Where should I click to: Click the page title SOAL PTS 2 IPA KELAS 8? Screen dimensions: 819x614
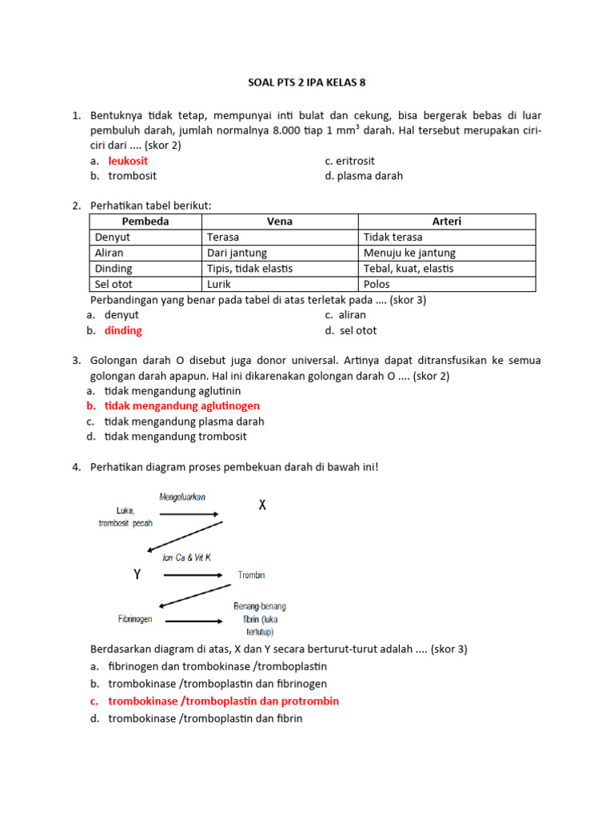tap(306, 82)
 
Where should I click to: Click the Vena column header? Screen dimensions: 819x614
tap(279, 222)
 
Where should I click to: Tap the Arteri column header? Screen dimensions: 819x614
tap(446, 222)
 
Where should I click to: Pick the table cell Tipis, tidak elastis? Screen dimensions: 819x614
tap(249, 269)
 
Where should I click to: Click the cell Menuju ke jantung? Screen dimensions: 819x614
tap(409, 253)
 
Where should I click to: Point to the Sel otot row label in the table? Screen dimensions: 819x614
tap(114, 284)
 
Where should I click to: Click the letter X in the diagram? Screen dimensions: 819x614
tap(262, 505)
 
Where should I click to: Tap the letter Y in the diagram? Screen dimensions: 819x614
tap(138, 574)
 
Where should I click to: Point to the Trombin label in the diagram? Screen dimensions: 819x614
tap(251, 575)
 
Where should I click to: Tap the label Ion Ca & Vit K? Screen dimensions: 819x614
tap(186, 557)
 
